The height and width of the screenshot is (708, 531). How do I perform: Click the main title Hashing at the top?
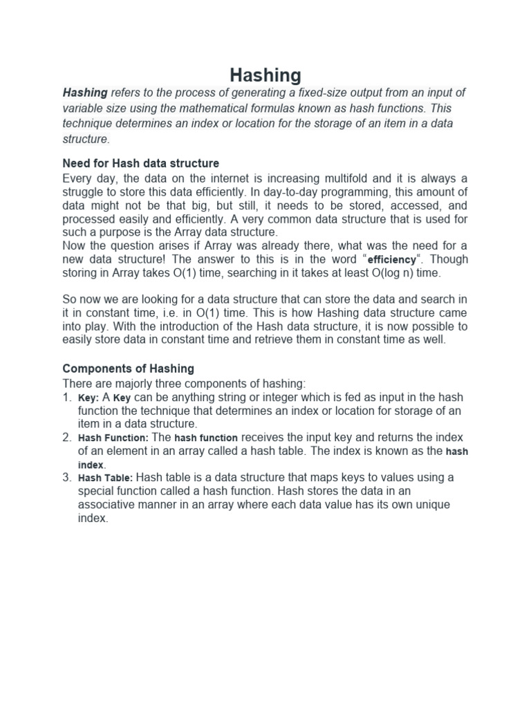[265, 75]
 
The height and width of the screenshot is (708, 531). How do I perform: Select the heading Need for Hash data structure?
[141, 163]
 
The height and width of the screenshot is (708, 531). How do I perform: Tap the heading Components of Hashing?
[129, 368]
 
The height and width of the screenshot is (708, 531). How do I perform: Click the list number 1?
[66, 398]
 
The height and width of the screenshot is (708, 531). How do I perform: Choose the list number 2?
[66, 438]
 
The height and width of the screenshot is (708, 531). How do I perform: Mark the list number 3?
[66, 478]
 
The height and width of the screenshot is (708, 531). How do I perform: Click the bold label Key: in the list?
[88, 398]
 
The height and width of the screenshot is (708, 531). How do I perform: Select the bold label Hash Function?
[113, 438]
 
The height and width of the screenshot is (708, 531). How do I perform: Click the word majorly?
[127, 383]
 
